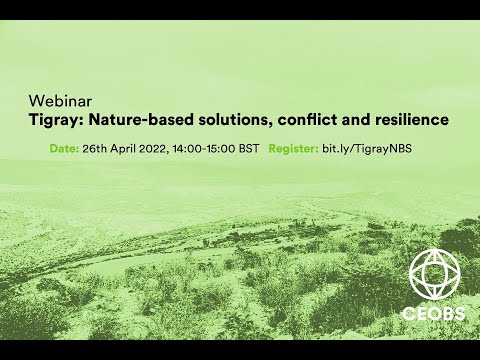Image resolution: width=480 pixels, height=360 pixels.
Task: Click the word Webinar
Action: click(59, 102)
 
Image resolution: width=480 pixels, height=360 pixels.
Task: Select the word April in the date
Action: click(126, 148)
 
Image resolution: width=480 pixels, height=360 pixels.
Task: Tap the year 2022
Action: click(158, 148)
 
